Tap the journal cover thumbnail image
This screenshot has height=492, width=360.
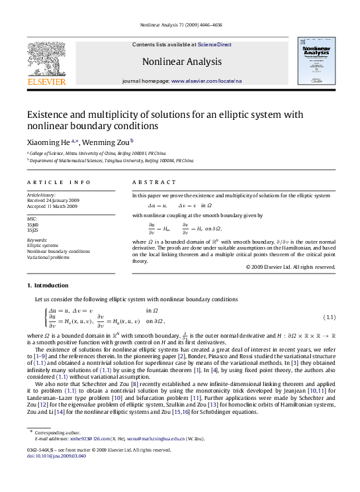[x=314, y=60]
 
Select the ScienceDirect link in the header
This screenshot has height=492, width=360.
[x=211, y=44]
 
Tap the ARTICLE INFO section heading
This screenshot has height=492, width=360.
[x=50, y=181]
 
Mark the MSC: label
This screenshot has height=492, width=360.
[x=31, y=217]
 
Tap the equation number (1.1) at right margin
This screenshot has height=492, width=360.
[x=328, y=316]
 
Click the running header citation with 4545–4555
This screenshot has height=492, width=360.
[x=179, y=26]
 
